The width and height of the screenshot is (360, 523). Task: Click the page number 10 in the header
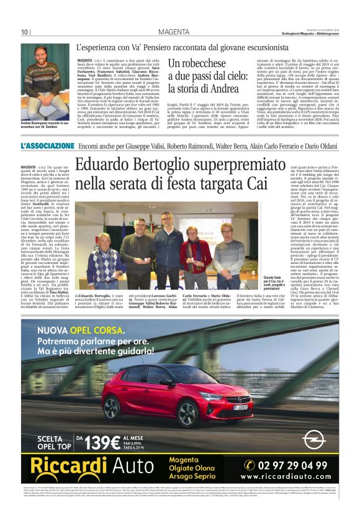(25, 32)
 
